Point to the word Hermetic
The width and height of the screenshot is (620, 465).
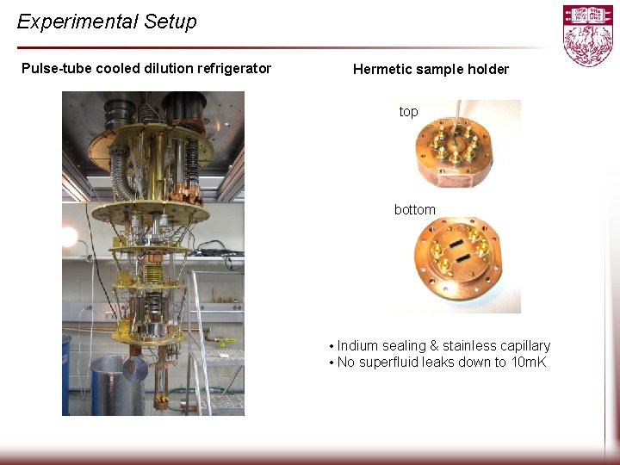point(382,70)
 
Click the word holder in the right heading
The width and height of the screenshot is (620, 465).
point(488,70)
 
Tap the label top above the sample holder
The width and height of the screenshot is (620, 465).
point(408,112)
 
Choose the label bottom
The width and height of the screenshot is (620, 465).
point(415,210)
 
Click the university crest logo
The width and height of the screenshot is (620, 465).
point(588,35)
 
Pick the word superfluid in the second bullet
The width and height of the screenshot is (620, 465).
point(392,363)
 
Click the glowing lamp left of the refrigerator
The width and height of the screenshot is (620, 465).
point(69,235)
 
